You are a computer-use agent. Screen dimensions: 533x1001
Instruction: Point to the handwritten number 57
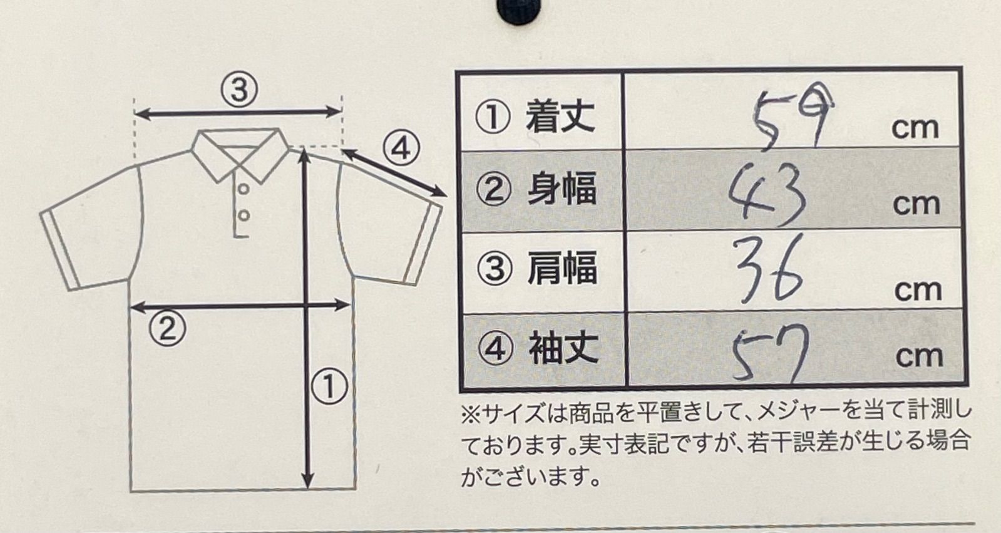(770, 354)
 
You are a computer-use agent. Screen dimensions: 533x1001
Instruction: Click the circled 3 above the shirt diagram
(239, 90)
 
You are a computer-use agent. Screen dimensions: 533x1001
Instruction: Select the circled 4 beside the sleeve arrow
(401, 148)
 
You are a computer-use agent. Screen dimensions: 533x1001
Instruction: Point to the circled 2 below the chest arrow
(167, 328)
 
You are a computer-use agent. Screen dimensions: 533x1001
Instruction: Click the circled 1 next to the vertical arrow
(329, 386)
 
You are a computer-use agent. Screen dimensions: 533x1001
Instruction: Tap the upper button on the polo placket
(244, 189)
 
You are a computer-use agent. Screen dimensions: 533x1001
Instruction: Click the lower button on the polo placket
(244, 215)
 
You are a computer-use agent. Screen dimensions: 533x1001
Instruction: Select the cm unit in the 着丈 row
(915, 128)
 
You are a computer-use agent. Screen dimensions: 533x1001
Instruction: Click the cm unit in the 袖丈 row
(918, 356)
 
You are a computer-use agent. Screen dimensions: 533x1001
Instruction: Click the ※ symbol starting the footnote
(469, 413)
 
